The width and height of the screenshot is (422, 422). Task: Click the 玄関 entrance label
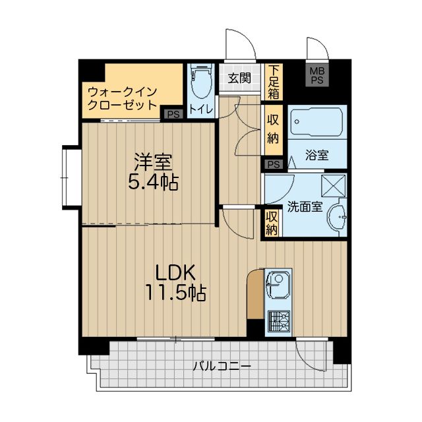tap(239, 78)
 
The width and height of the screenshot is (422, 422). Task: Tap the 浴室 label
tap(317, 156)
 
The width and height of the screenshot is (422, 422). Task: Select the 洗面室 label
tap(304, 206)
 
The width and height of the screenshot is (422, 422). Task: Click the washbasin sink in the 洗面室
tap(339, 218)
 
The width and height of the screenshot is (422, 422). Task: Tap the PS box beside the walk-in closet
tap(173, 114)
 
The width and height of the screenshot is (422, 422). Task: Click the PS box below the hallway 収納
tap(273, 164)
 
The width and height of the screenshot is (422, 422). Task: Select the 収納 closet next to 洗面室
tap(272, 223)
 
